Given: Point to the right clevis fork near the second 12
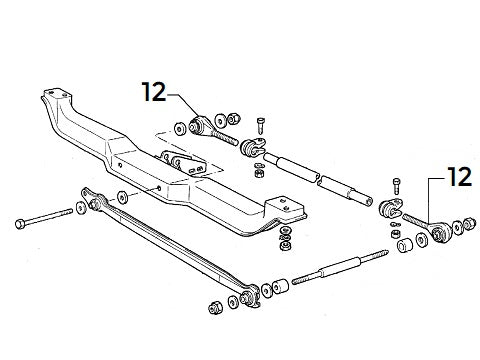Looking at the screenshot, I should pyautogui.click(x=391, y=211).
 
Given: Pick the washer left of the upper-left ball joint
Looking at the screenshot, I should pyautogui.click(x=178, y=127).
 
